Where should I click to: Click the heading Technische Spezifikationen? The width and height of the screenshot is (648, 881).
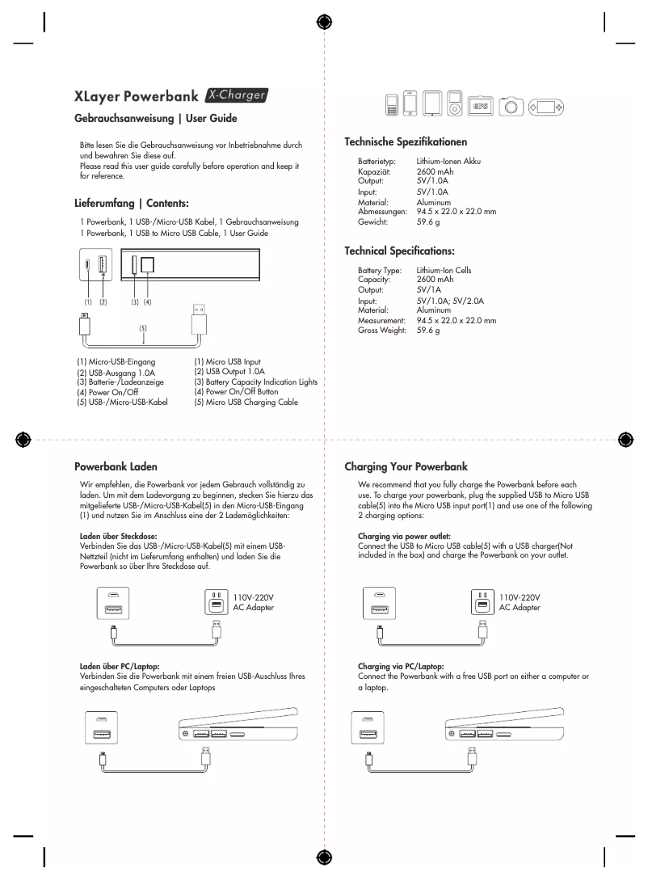(406, 141)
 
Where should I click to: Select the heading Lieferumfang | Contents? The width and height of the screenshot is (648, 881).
(131, 204)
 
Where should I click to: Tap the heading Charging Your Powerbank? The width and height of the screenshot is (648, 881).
(407, 466)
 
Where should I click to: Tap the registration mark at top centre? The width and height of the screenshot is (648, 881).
(324, 22)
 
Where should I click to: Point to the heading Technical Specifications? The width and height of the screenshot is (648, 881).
(399, 251)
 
